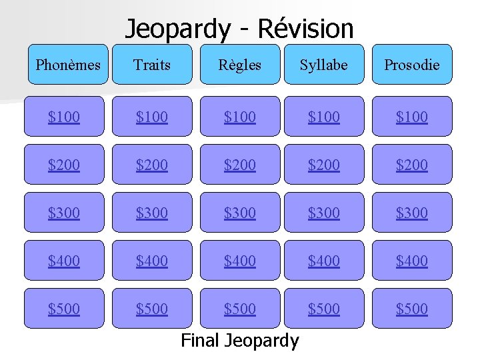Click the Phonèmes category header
click(x=67, y=65)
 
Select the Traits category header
click(x=152, y=65)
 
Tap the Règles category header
click(x=239, y=65)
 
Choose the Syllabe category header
click(x=324, y=65)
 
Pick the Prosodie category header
click(x=411, y=65)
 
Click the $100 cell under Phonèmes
click(x=64, y=117)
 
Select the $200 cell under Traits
click(x=152, y=165)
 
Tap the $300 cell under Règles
click(x=239, y=213)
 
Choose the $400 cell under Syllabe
click(x=324, y=261)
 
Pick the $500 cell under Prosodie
click(x=411, y=309)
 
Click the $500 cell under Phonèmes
click(x=64, y=309)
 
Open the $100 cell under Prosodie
click(x=411, y=117)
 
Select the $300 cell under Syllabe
click(x=324, y=213)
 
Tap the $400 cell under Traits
click(x=152, y=261)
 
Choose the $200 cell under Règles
click(x=239, y=165)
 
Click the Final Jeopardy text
click(x=240, y=341)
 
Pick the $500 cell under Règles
click(x=239, y=309)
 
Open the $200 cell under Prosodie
click(x=411, y=165)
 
